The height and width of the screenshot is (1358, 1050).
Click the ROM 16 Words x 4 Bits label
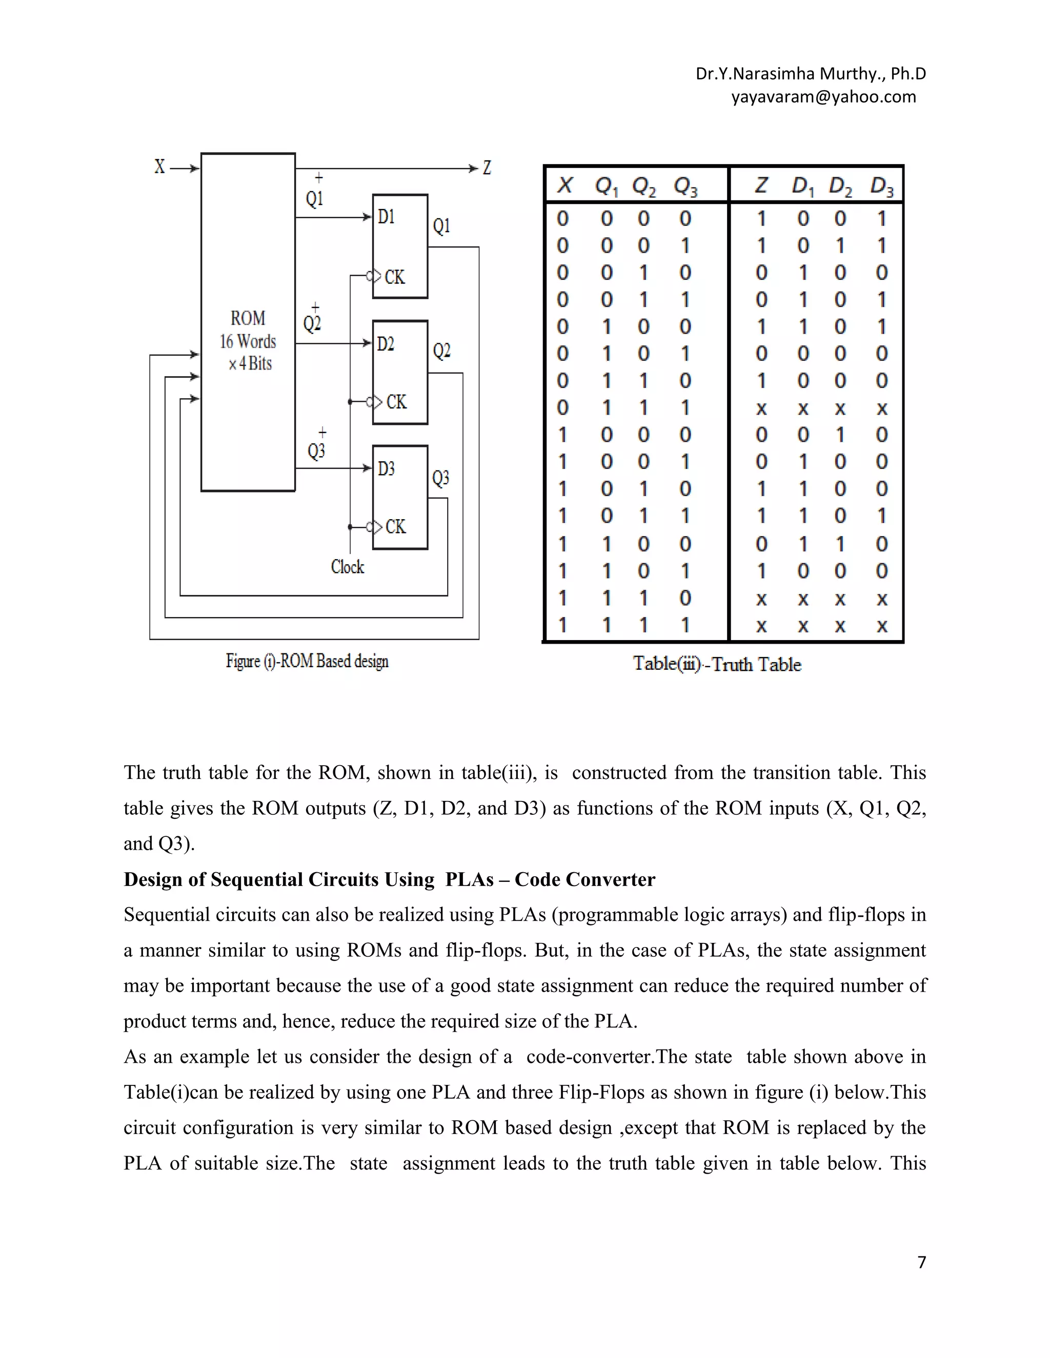click(248, 341)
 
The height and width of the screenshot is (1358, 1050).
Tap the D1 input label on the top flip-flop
click(386, 216)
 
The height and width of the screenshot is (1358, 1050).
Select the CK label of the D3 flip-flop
click(396, 527)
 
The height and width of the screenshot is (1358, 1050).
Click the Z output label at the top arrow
click(487, 168)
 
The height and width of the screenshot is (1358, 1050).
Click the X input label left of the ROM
click(160, 167)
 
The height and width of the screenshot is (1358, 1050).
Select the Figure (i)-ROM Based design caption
click(307, 661)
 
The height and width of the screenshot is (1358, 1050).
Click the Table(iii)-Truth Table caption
click(717, 665)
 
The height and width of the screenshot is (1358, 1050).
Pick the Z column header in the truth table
click(761, 186)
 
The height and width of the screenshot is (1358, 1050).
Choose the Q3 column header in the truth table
click(685, 186)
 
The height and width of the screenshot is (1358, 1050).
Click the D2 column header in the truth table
click(841, 186)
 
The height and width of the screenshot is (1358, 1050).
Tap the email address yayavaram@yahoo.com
click(823, 97)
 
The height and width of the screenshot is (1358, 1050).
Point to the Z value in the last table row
click(761, 626)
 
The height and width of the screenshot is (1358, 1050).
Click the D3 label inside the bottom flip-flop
click(386, 468)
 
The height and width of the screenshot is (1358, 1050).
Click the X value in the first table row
click(562, 219)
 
